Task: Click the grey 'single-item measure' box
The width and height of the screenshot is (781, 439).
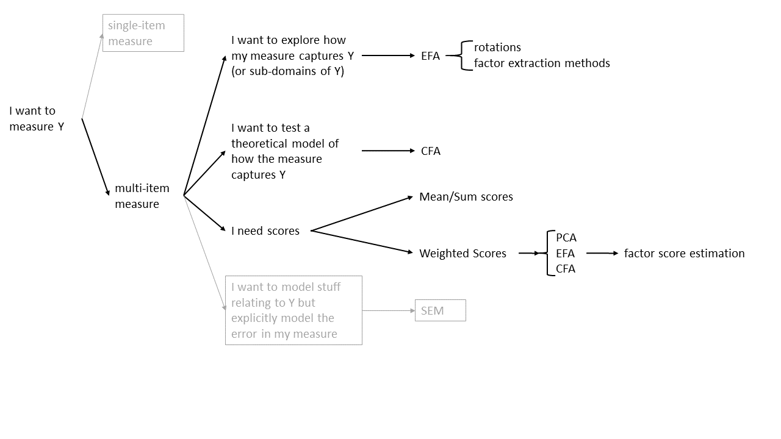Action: click(143, 33)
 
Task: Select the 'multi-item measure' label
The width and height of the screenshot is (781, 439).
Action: click(142, 196)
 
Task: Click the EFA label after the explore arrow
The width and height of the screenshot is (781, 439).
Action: click(430, 56)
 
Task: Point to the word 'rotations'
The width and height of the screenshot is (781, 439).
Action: click(497, 48)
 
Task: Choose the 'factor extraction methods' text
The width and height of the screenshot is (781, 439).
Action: click(542, 63)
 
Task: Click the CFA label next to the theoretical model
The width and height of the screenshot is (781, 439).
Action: click(430, 151)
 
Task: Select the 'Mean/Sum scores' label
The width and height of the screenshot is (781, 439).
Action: click(466, 196)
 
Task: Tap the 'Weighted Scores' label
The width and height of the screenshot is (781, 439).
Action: click(462, 254)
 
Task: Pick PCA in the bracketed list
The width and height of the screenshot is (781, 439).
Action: click(566, 238)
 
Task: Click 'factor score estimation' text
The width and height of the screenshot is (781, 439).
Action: click(684, 254)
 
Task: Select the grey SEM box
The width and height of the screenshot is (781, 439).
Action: click(440, 310)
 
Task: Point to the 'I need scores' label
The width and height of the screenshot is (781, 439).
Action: click(265, 231)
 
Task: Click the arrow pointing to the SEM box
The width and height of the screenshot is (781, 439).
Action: click(389, 311)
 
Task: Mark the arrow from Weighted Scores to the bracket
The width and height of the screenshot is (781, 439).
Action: click(529, 253)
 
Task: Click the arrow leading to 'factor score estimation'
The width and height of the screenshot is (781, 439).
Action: click(602, 253)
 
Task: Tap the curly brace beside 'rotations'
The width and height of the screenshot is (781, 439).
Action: click(465, 56)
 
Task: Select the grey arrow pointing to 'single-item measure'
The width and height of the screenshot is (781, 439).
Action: click(92, 76)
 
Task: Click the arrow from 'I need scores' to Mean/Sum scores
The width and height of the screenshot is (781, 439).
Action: click(362, 213)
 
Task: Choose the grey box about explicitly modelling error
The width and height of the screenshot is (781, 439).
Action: click(293, 310)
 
